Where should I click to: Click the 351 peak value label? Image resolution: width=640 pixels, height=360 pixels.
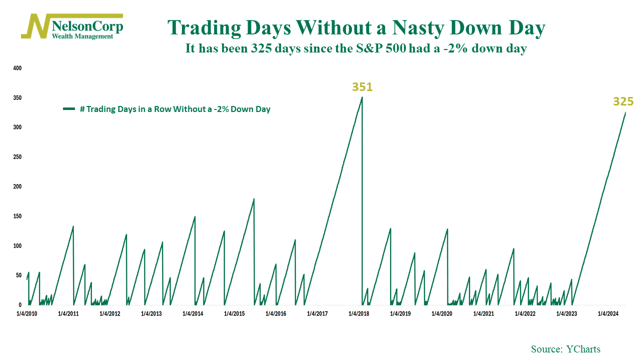[362, 87]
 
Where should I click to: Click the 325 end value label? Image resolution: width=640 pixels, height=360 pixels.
[623, 101]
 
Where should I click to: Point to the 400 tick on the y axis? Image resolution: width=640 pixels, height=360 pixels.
[17, 68]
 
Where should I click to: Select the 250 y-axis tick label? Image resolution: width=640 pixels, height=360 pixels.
[17, 157]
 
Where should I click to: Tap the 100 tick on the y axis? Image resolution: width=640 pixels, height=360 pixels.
[17, 245]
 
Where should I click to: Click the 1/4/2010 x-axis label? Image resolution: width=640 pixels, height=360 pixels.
[27, 313]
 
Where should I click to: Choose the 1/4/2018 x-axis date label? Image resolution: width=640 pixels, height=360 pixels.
[359, 313]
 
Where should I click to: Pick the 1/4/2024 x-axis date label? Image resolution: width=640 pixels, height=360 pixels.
[608, 313]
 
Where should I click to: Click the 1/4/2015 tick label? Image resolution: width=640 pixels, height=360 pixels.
[234, 313]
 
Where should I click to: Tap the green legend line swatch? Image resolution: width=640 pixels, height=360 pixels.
[69, 109]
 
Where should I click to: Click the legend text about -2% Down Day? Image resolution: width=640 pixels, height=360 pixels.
[175, 109]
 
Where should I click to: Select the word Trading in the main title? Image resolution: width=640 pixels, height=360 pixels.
[204, 28]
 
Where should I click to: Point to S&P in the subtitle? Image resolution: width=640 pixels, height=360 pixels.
[369, 48]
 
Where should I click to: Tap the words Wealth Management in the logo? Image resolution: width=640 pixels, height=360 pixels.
[82, 36]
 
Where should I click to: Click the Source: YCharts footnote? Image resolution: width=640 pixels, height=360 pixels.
[565, 349]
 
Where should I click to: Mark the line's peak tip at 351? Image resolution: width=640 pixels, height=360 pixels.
[362, 97]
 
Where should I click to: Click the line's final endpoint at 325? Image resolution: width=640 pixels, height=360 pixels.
[625, 112]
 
